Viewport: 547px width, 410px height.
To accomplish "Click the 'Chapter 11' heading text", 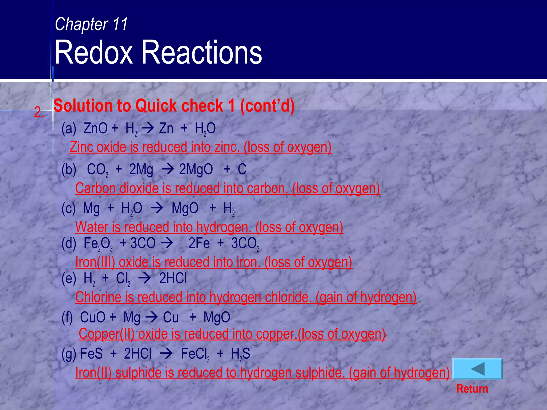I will click(x=91, y=24).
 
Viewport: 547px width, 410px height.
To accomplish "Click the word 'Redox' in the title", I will click(x=93, y=52).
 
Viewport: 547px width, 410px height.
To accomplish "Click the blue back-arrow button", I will click(x=478, y=369).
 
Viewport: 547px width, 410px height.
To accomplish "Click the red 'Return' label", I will click(x=472, y=389).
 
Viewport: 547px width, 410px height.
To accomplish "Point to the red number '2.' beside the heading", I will click(x=39, y=112).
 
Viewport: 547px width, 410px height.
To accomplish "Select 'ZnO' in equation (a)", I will click(x=95, y=128).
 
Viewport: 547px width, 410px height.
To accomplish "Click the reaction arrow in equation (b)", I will click(x=168, y=169).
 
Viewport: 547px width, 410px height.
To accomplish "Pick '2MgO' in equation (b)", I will click(x=196, y=169).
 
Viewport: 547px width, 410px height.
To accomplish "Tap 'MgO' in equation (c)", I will click(x=185, y=208).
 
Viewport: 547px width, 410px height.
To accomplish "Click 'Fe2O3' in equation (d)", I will click(x=98, y=244).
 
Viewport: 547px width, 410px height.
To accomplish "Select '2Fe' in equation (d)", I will click(x=199, y=243).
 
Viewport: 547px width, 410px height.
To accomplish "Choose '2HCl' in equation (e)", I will click(x=173, y=278).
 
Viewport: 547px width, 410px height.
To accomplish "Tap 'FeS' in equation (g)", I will click(x=91, y=354).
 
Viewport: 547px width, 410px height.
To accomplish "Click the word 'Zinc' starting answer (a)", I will click(x=81, y=147).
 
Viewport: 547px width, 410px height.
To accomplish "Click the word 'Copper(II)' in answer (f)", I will click(x=107, y=334).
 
